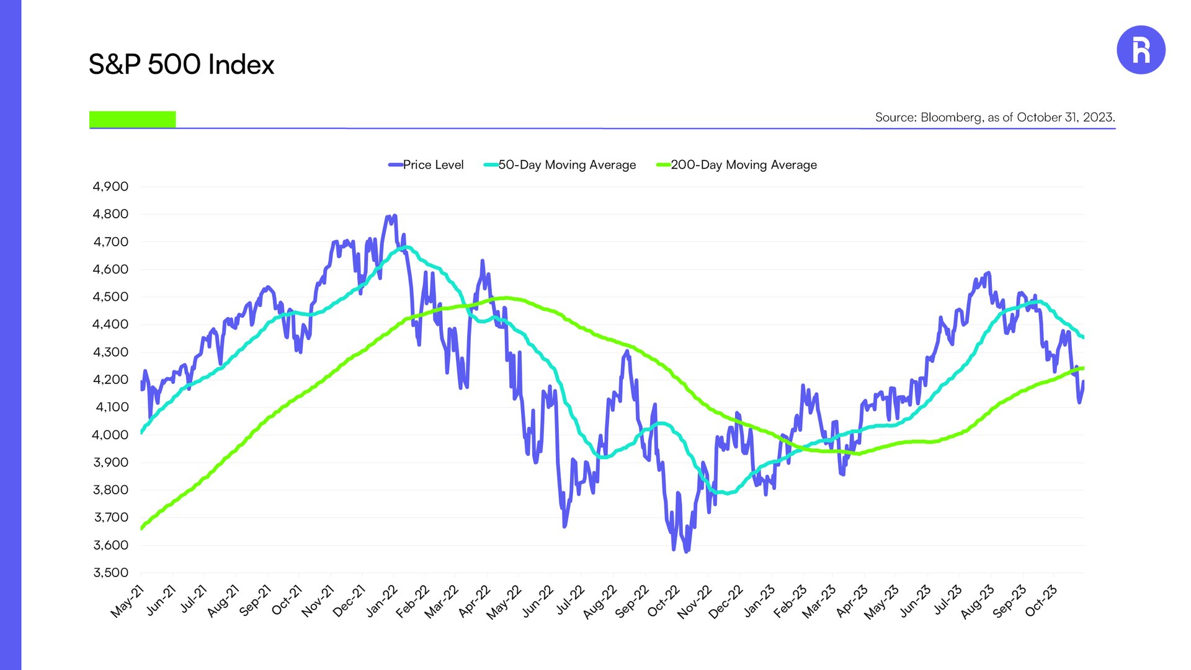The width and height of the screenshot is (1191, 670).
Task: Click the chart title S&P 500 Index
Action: click(181, 65)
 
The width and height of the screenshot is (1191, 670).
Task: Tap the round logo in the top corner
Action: click(1141, 50)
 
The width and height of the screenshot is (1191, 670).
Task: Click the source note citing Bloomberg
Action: click(995, 117)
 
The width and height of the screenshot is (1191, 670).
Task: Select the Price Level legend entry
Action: click(426, 165)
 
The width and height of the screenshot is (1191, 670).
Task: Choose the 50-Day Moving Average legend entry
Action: click(560, 165)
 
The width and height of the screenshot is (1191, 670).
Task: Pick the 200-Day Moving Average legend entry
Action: click(736, 165)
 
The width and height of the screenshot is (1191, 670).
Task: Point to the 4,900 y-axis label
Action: click(110, 187)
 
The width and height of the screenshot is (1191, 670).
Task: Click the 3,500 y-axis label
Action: click(110, 573)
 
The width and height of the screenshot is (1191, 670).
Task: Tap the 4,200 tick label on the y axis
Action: click(110, 380)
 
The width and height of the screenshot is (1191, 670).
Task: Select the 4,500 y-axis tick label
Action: click(110, 297)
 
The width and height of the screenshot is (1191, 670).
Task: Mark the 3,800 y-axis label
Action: click(110, 490)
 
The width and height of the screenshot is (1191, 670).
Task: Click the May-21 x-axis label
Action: click(127, 601)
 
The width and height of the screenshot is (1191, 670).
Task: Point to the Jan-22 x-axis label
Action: click(381, 601)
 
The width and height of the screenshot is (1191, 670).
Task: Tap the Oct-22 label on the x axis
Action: click(664, 601)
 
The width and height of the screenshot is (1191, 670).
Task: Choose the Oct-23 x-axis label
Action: click(1041, 601)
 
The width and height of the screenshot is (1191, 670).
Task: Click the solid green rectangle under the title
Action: click(133, 119)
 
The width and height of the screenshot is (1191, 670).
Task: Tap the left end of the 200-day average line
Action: click(142, 529)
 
